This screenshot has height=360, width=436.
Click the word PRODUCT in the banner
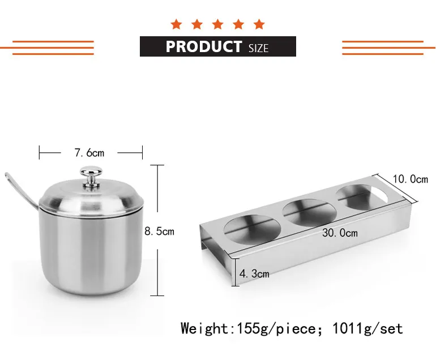click(x=204, y=46)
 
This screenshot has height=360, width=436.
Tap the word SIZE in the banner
click(x=258, y=48)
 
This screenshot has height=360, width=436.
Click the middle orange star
click(x=218, y=24)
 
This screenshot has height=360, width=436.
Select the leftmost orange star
click(x=176, y=24)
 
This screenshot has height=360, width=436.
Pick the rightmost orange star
click(x=259, y=24)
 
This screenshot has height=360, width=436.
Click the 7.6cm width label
click(x=89, y=153)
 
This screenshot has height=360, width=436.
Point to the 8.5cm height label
click(x=159, y=231)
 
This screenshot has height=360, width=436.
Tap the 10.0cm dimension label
click(x=410, y=179)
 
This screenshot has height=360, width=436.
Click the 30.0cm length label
click(x=340, y=233)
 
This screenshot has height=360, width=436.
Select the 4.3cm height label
click(x=254, y=274)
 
